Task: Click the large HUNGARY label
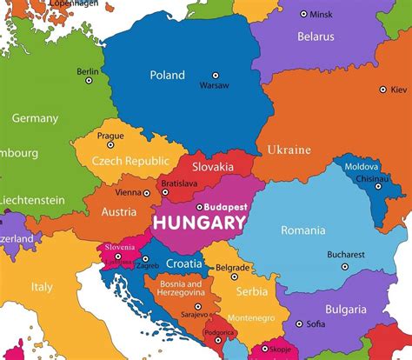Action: pyautogui.click(x=199, y=223)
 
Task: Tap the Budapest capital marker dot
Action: pyautogui.click(x=199, y=207)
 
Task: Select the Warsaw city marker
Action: pyautogui.click(x=216, y=77)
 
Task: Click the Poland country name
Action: pyautogui.click(x=167, y=75)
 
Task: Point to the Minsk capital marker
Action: pyautogui.click(x=303, y=14)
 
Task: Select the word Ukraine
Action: pyautogui.click(x=289, y=150)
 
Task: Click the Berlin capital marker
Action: pyautogui.click(x=88, y=81)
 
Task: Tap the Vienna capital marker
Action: pyautogui.click(x=144, y=192)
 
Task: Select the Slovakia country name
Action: pyautogui.click(x=214, y=166)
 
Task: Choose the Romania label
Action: pyautogui.click(x=302, y=230)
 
